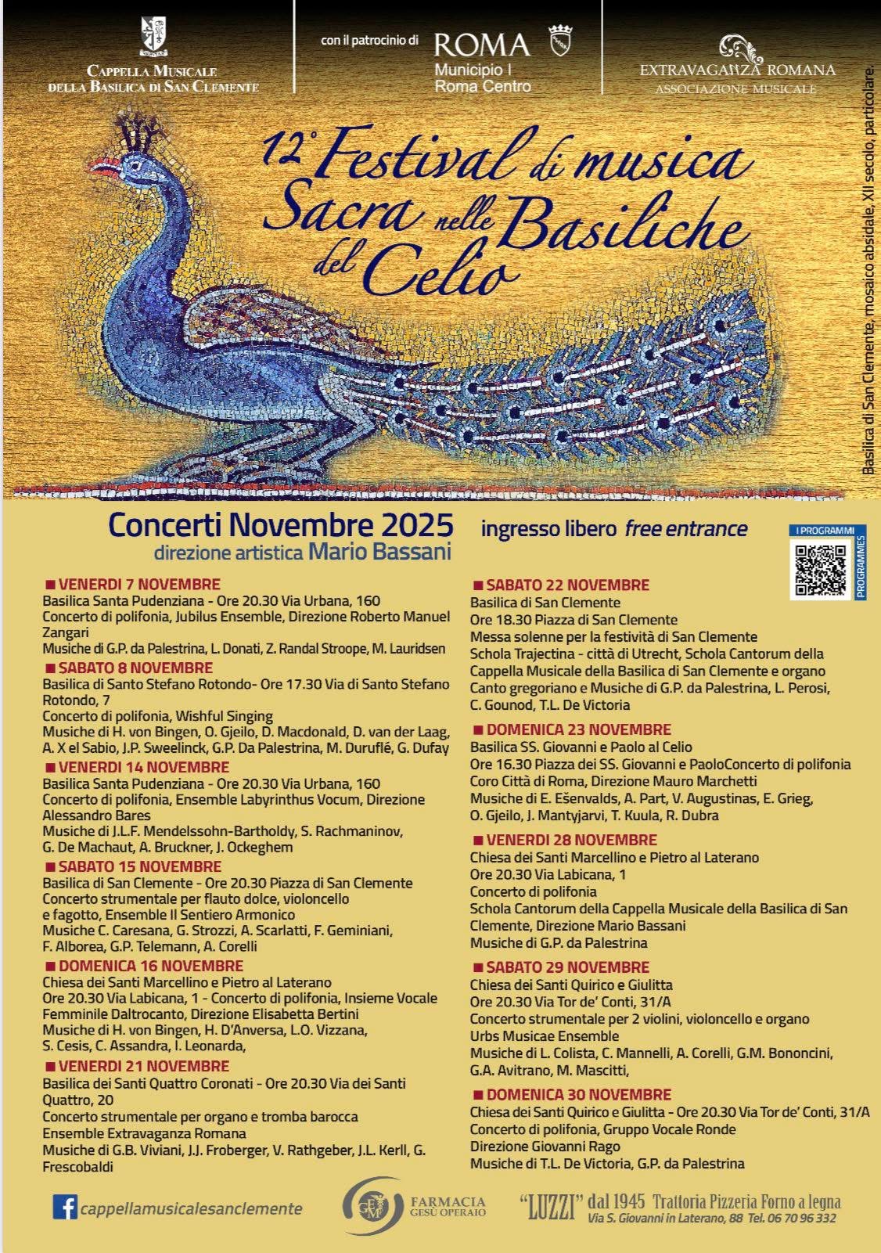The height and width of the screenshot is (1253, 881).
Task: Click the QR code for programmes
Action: (821, 570)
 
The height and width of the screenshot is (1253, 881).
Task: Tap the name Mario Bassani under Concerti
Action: (380, 552)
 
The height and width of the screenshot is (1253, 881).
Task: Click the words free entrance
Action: (685, 529)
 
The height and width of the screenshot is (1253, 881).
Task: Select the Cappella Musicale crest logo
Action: (153, 37)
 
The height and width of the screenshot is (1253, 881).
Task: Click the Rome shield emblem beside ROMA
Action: (560, 41)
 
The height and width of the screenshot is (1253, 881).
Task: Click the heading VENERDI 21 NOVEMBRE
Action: (143, 1066)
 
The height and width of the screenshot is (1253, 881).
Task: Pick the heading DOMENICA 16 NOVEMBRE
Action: (150, 966)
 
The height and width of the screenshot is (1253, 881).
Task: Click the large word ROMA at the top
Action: (482, 44)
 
